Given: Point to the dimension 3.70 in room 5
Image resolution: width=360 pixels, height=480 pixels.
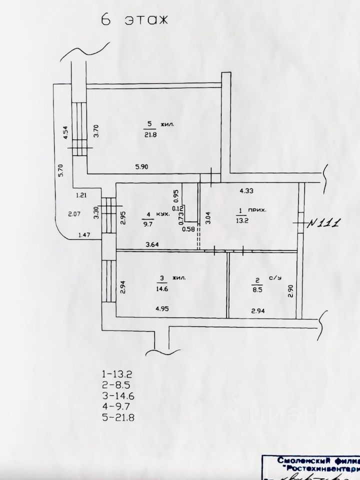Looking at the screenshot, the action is [x=97, y=131].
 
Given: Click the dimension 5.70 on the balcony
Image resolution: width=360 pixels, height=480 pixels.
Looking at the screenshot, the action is [x=60, y=171].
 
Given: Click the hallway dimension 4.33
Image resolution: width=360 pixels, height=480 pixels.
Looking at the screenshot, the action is [x=247, y=190].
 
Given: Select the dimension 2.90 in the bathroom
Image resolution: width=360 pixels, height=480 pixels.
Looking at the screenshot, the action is [x=290, y=291].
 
